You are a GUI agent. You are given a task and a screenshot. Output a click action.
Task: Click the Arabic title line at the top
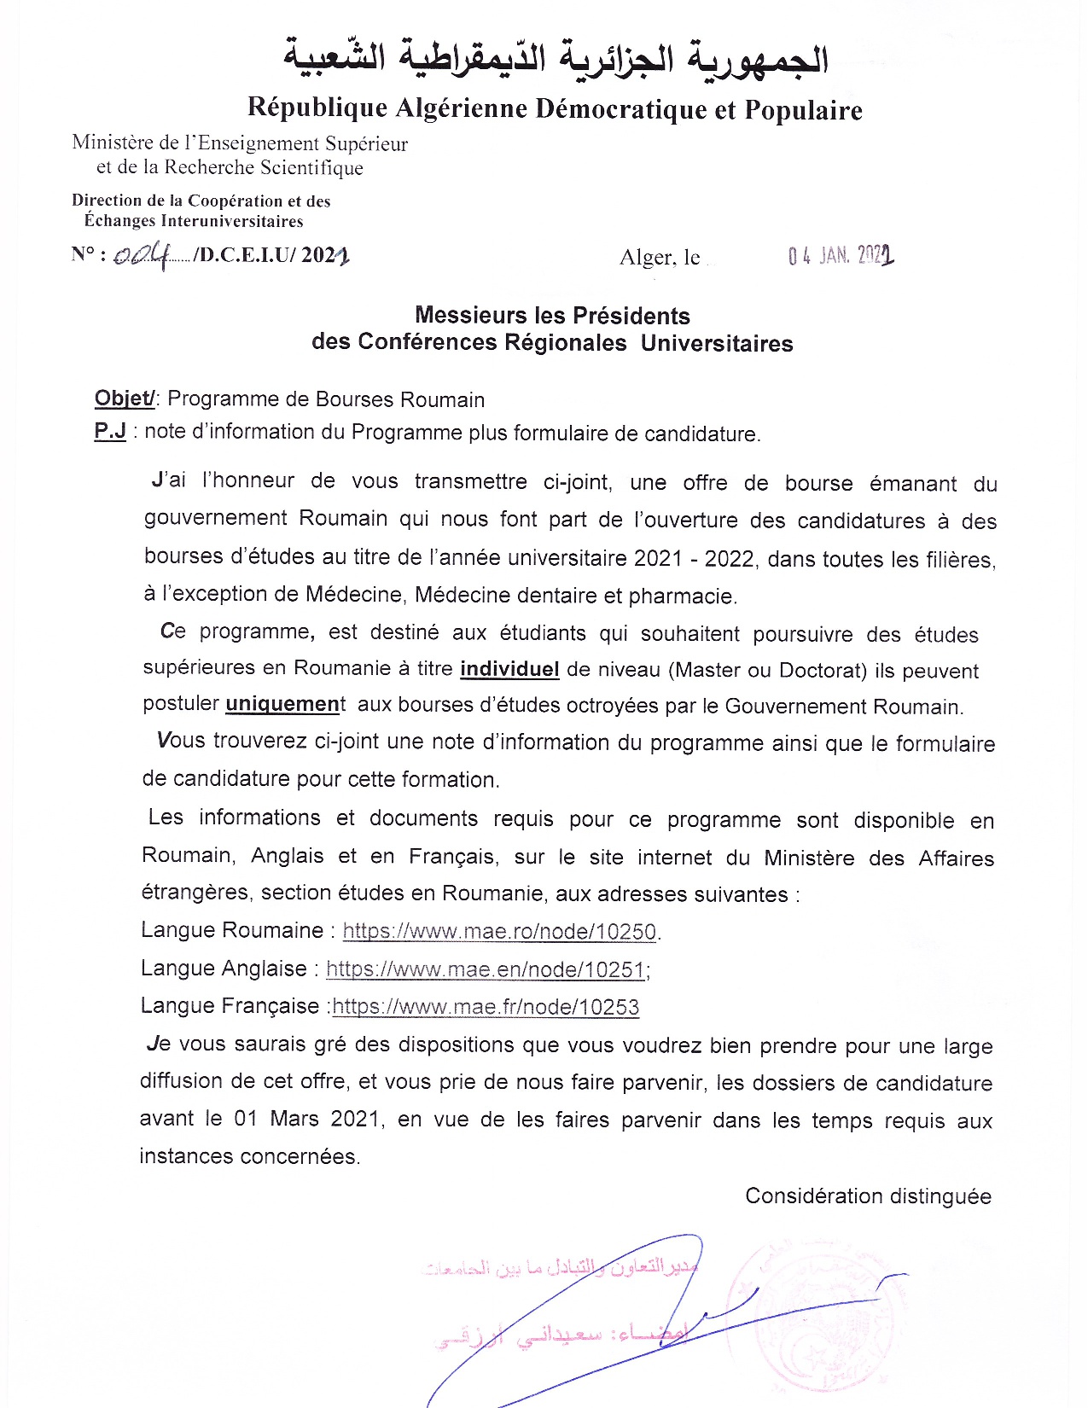556,59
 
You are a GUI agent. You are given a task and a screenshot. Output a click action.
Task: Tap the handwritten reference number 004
142,255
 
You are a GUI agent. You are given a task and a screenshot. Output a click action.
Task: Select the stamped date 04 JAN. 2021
841,255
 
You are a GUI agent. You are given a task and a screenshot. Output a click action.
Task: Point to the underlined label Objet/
125,399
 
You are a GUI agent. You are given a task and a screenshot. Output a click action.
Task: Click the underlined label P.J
110,431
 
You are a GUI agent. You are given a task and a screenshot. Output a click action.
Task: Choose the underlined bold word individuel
509,669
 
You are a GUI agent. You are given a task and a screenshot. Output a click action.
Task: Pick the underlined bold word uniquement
282,705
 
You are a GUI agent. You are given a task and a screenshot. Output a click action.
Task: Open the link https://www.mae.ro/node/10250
499,931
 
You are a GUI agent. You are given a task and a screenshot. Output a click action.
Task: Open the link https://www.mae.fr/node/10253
486,1007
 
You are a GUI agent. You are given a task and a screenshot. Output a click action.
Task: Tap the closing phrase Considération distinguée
868,1196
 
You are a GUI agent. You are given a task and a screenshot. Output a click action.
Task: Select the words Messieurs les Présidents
552,316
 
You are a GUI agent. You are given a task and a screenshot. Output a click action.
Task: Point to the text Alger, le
660,258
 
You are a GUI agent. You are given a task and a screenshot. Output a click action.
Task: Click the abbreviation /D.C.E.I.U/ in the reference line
245,255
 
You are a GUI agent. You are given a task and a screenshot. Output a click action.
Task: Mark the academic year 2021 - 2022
694,559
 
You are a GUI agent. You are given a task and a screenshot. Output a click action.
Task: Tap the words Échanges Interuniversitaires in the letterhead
194,221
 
